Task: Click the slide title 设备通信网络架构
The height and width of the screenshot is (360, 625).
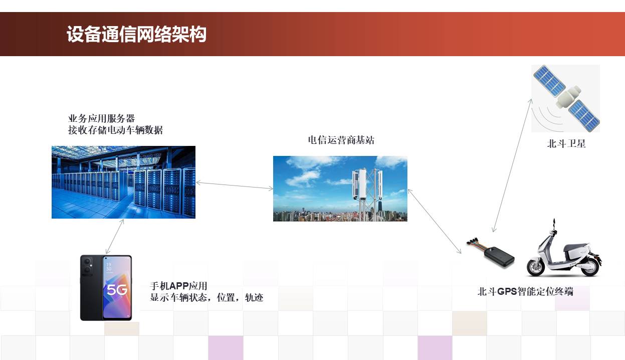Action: pyautogui.click(x=136, y=34)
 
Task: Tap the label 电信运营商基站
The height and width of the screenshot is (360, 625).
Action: pyautogui.click(x=341, y=140)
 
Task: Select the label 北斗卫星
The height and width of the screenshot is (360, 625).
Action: pyautogui.click(x=566, y=144)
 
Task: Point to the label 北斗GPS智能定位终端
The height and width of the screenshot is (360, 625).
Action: pyautogui.click(x=525, y=291)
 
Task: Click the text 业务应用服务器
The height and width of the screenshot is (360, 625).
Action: pyautogui.click(x=101, y=118)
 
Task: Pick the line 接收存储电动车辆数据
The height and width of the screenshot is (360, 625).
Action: pyautogui.click(x=115, y=130)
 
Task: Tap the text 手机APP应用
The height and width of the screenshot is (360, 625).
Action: pyautogui.click(x=178, y=286)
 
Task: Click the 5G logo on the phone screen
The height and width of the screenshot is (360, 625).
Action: pyautogui.click(x=117, y=290)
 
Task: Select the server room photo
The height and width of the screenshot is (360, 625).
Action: pyautogui.click(x=123, y=182)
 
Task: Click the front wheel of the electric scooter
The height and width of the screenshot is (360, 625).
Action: pyautogui.click(x=536, y=267)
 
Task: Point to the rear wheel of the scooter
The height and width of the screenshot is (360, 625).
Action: pyautogui.click(x=589, y=266)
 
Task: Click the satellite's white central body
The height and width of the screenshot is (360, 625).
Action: pyautogui.click(x=568, y=97)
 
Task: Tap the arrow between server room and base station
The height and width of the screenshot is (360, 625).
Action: pyautogui.click(x=235, y=186)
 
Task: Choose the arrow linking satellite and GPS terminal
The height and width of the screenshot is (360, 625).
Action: pyautogui.click(x=512, y=165)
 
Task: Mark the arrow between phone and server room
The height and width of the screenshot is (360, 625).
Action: pyautogui.click(x=115, y=237)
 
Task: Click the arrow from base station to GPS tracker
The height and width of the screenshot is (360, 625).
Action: pyautogui.click(x=435, y=221)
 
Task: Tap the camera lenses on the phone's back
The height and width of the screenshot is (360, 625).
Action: pyautogui.click(x=88, y=265)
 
